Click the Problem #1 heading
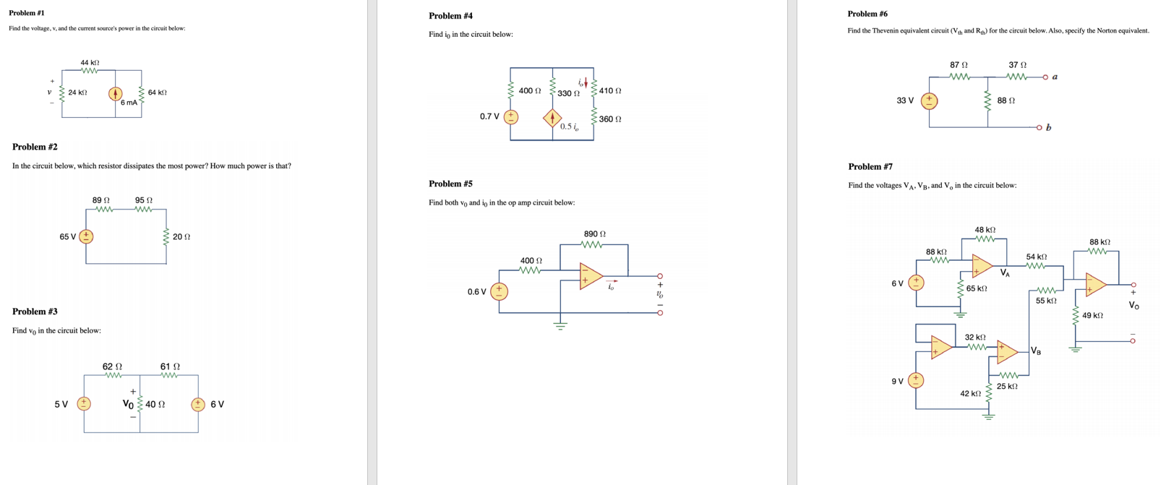coord(27,13)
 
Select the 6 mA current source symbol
coord(115,93)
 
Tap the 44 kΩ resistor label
coord(90,63)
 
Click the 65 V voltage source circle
coord(86,236)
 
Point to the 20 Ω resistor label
coord(181,237)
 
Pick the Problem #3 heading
coord(35,312)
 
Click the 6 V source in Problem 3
coord(198,404)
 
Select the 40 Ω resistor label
coord(155,405)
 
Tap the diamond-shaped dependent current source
coord(552,117)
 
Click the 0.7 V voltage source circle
coord(511,116)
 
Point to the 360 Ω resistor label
coord(610,119)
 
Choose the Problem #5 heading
coord(450,184)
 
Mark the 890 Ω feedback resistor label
coord(595,234)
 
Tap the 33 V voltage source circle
coord(929,101)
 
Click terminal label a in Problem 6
coord(1055,77)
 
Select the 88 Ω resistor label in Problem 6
coord(1006,101)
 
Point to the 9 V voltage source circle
coord(916,380)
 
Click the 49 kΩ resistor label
coord(1092,316)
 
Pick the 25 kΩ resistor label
coord(1007,387)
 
